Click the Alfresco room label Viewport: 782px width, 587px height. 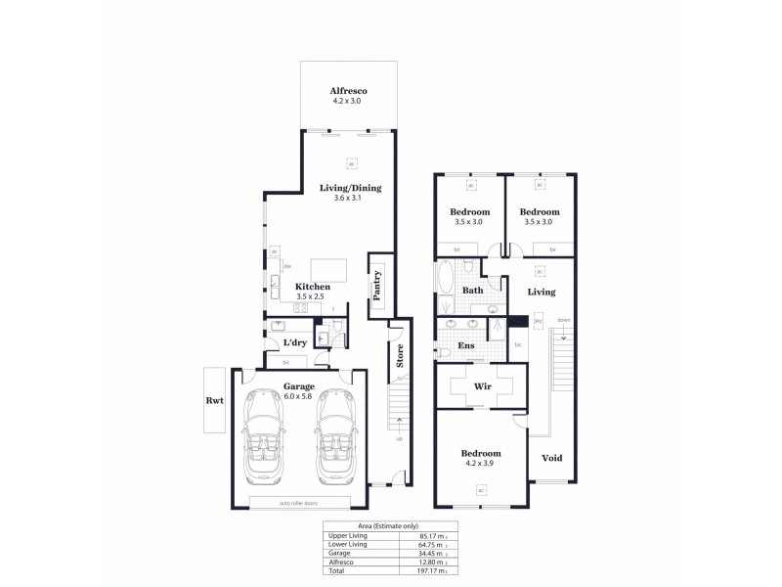coord(349,89)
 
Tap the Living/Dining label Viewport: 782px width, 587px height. coord(350,188)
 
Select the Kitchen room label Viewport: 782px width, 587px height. coord(313,287)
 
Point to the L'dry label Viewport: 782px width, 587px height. coord(296,343)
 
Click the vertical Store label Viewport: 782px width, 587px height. coord(399,355)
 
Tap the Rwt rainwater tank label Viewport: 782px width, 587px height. coord(214,399)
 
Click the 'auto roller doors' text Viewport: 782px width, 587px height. coord(298,503)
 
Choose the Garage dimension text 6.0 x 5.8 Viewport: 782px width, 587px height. coord(299,396)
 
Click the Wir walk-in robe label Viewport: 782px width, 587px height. coord(481,387)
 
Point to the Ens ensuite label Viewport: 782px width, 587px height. coord(466,345)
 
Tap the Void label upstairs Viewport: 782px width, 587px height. coord(551,458)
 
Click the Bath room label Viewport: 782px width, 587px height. coord(473,291)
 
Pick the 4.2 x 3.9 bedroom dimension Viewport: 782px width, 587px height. coord(481,463)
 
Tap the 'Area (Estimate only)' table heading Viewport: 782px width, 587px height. coord(390,526)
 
